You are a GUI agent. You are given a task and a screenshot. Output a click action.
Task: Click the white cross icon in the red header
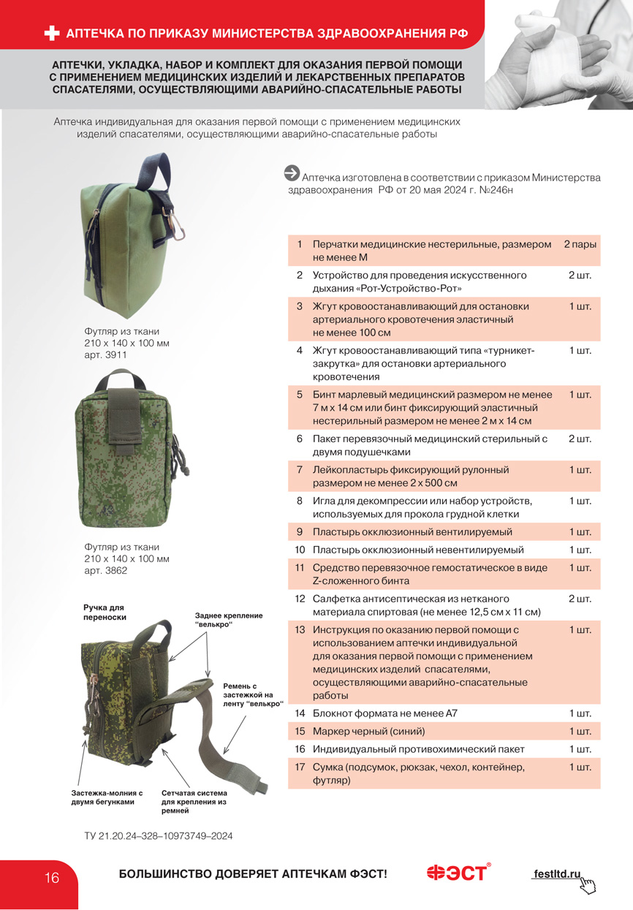(x=52, y=33)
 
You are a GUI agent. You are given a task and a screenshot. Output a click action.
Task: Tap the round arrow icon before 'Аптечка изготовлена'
(x=292, y=172)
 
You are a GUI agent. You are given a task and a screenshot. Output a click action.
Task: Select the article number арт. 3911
(x=106, y=354)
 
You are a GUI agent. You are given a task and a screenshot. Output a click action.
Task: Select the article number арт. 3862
(x=106, y=570)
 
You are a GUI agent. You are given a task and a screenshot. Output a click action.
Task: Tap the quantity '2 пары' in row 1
(x=580, y=244)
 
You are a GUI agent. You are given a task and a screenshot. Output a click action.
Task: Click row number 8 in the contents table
(x=300, y=501)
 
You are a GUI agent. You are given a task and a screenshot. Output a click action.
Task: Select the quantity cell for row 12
(x=580, y=599)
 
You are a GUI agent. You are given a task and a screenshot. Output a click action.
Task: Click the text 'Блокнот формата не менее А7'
(x=384, y=713)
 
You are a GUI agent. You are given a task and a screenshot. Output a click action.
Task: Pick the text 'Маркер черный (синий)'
(x=368, y=731)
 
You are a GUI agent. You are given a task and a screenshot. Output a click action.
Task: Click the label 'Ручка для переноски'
(x=105, y=613)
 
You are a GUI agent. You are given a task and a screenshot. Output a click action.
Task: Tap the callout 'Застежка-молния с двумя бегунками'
(x=107, y=797)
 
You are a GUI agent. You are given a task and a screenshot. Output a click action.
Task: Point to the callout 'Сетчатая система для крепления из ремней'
(x=194, y=802)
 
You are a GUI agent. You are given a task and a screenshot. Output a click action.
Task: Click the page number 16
(x=52, y=878)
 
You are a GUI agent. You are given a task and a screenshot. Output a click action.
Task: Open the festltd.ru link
(x=557, y=873)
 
